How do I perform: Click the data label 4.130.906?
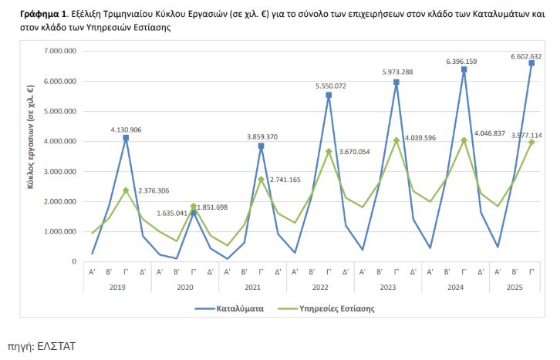click(x=126, y=130)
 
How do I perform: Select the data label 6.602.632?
click(x=526, y=56)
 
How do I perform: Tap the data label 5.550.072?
click(x=330, y=86)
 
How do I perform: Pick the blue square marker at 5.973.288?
click(x=396, y=82)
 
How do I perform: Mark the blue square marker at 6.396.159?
click(x=464, y=69)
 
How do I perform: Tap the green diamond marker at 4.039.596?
click(x=396, y=140)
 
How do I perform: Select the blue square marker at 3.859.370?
click(x=261, y=146)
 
